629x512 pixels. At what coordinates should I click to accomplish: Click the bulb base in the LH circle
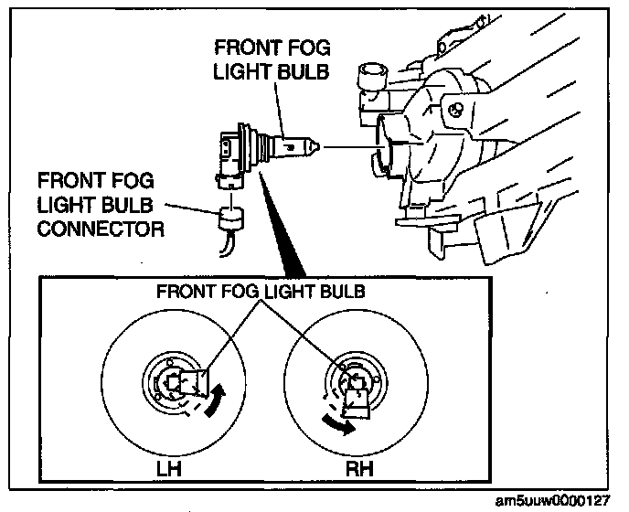coord(192,382)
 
